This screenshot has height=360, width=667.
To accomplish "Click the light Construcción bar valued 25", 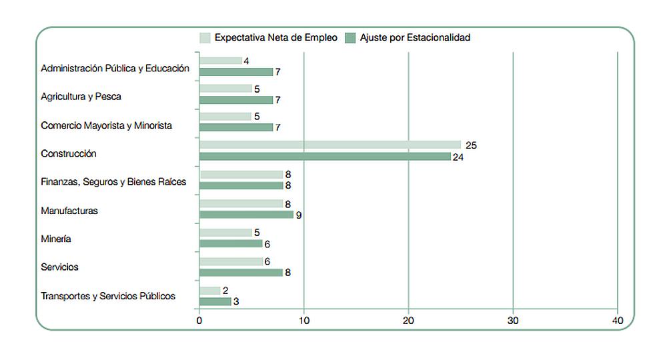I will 330,145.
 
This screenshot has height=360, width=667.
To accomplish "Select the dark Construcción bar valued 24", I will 325,157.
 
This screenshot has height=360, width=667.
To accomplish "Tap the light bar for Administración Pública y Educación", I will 221,61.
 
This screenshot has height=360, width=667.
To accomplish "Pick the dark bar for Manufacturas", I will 246,215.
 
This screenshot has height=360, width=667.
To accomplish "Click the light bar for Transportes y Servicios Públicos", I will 210,291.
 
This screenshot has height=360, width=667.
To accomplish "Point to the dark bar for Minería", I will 231,243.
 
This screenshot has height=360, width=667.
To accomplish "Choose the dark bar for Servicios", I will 241,272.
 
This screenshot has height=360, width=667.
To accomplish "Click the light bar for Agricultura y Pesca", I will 225,89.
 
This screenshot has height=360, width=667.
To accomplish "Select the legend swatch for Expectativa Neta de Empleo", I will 205,38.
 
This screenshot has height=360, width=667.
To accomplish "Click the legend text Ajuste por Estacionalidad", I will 415,38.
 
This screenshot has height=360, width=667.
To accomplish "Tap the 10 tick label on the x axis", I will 303,321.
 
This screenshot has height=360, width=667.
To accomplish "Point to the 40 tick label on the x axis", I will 618,321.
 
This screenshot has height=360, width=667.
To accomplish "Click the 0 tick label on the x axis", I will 199,321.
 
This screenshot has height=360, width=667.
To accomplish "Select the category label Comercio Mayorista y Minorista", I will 106,125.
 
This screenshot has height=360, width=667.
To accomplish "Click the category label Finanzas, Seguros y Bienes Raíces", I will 113,181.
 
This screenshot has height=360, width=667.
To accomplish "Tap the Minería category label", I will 56,239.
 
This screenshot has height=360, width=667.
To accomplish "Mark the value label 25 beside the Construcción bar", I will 472,145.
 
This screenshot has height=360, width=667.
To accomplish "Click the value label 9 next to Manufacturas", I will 299,215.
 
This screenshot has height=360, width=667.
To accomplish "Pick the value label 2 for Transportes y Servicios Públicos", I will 225,291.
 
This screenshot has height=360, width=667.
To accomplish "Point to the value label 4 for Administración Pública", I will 246,61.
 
